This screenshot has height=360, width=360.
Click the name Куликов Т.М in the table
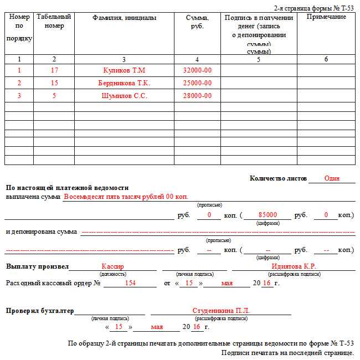pos(124,71)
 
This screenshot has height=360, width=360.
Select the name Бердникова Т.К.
pos(124,83)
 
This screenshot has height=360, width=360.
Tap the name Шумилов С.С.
pos(124,96)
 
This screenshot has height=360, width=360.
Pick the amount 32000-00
pos(197,71)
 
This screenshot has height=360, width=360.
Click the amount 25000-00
pos(197,83)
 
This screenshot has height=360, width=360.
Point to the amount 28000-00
pos(197,96)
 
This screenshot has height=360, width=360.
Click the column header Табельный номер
pos(54,22)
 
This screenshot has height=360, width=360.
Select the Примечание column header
pos(326,17)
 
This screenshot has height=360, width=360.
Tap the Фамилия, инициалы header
pos(124,18)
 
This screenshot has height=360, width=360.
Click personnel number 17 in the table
pos(54,71)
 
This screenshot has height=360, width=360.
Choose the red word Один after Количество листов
pos(332,179)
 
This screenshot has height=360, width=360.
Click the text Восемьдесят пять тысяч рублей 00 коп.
pos(126,197)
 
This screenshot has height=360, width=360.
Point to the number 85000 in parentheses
pos(268,215)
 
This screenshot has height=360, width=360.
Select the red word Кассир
pos(113,266)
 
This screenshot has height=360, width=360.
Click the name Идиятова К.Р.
pos(294,266)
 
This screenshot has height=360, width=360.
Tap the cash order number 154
pos(130,283)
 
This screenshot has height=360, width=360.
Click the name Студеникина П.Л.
pos(221,311)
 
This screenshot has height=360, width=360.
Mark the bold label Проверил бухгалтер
pos(40,311)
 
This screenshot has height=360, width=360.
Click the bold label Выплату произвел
pos(37,266)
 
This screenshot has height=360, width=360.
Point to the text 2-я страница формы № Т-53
pos(313,8)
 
